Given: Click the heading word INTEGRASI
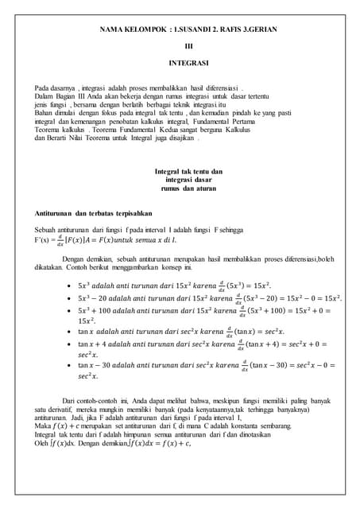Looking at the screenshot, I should [x=188, y=62].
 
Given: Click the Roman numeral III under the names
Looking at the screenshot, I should [x=188, y=45].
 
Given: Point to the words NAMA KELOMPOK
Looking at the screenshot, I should [x=132, y=29].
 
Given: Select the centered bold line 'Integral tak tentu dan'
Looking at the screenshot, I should [x=188, y=172].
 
